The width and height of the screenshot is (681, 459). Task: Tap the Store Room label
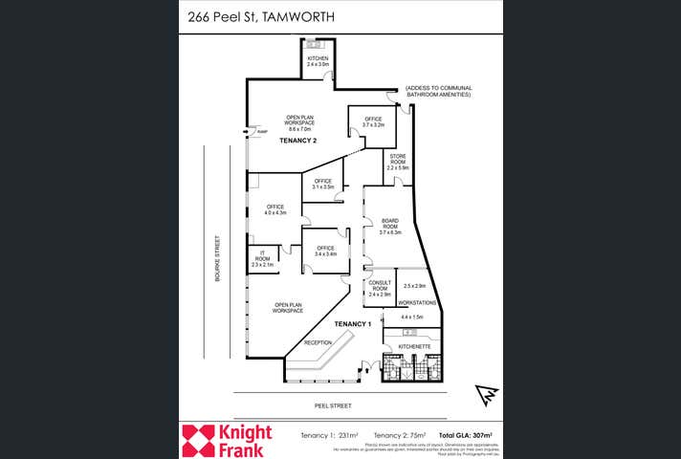point(397,160)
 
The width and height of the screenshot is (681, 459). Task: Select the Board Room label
point(389,226)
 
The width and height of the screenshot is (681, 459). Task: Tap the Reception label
point(318,341)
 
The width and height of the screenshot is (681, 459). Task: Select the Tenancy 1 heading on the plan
point(352,324)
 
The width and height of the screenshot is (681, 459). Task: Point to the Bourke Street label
point(218,257)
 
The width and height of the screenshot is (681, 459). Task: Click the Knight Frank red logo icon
point(201,441)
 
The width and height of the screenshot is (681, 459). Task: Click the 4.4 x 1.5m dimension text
point(412,317)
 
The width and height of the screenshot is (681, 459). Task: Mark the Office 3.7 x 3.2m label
point(372,121)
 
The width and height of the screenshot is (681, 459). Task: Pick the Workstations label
point(417,302)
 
